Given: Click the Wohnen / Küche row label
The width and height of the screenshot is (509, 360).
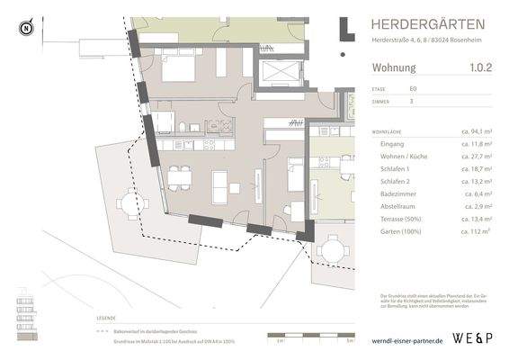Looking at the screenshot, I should pyautogui.click(x=404, y=157).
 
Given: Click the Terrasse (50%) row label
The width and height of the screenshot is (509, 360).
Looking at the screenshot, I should pyautogui.click(x=403, y=219).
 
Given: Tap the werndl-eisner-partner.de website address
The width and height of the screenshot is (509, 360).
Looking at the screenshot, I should pyautogui.click(x=407, y=342).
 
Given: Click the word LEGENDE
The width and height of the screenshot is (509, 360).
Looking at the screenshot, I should pyautogui.click(x=106, y=319).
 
